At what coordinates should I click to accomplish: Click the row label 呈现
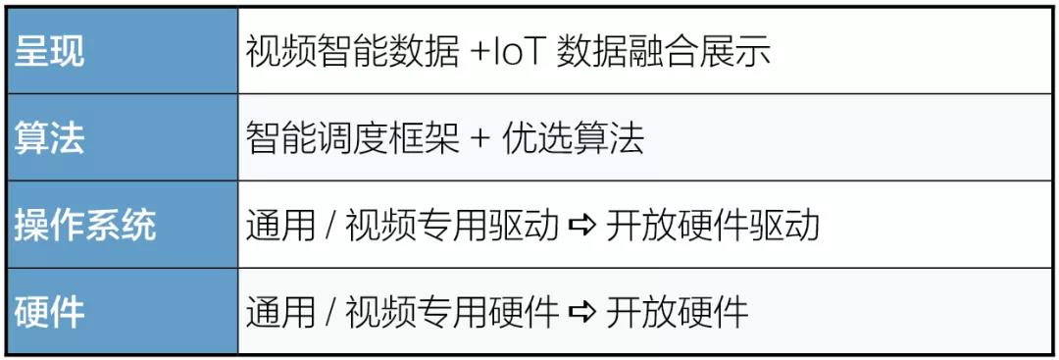pyautogui.click(x=50, y=52)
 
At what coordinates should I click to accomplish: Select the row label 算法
pyautogui.click(x=50, y=138)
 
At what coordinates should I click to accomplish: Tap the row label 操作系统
pyautogui.click(x=85, y=225)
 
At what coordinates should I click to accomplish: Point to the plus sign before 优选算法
pyautogui.click(x=479, y=138)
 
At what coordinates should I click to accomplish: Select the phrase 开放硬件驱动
pyautogui.click(x=712, y=225)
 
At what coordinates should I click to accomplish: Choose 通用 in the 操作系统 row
pyautogui.click(x=280, y=225)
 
